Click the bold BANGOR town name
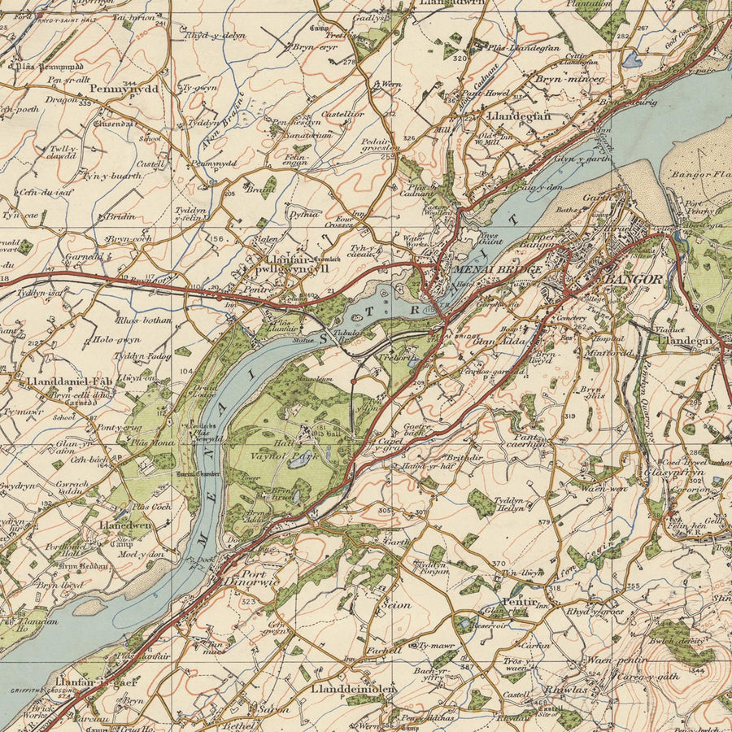631,279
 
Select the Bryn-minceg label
569,79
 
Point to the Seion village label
397,605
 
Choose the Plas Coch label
152,506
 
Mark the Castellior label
342,115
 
